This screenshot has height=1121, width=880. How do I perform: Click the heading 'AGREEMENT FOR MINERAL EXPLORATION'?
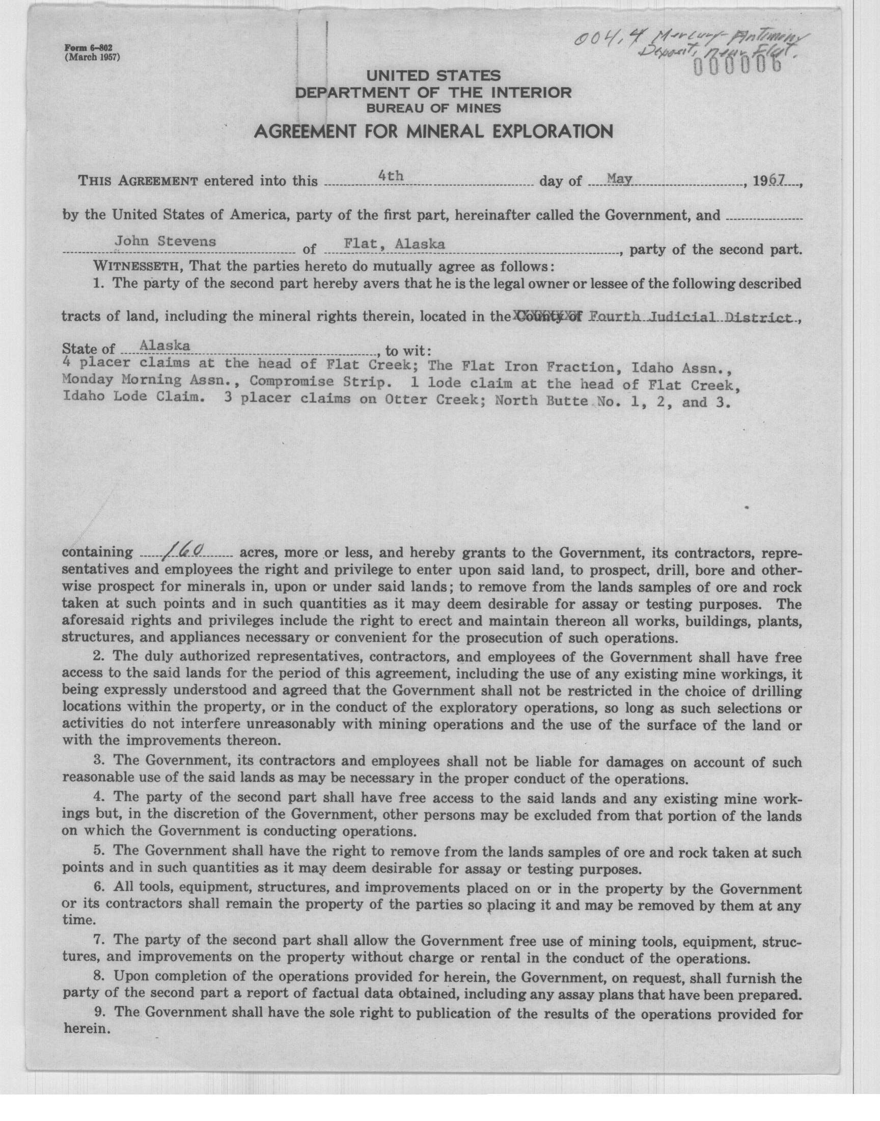(433, 132)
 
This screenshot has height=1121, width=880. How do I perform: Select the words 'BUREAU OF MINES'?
(433, 108)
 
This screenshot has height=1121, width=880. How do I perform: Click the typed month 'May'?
(620, 179)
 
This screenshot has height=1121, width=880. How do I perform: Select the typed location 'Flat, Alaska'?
(394, 244)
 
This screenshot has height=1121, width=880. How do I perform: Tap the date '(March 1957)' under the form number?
(92, 57)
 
